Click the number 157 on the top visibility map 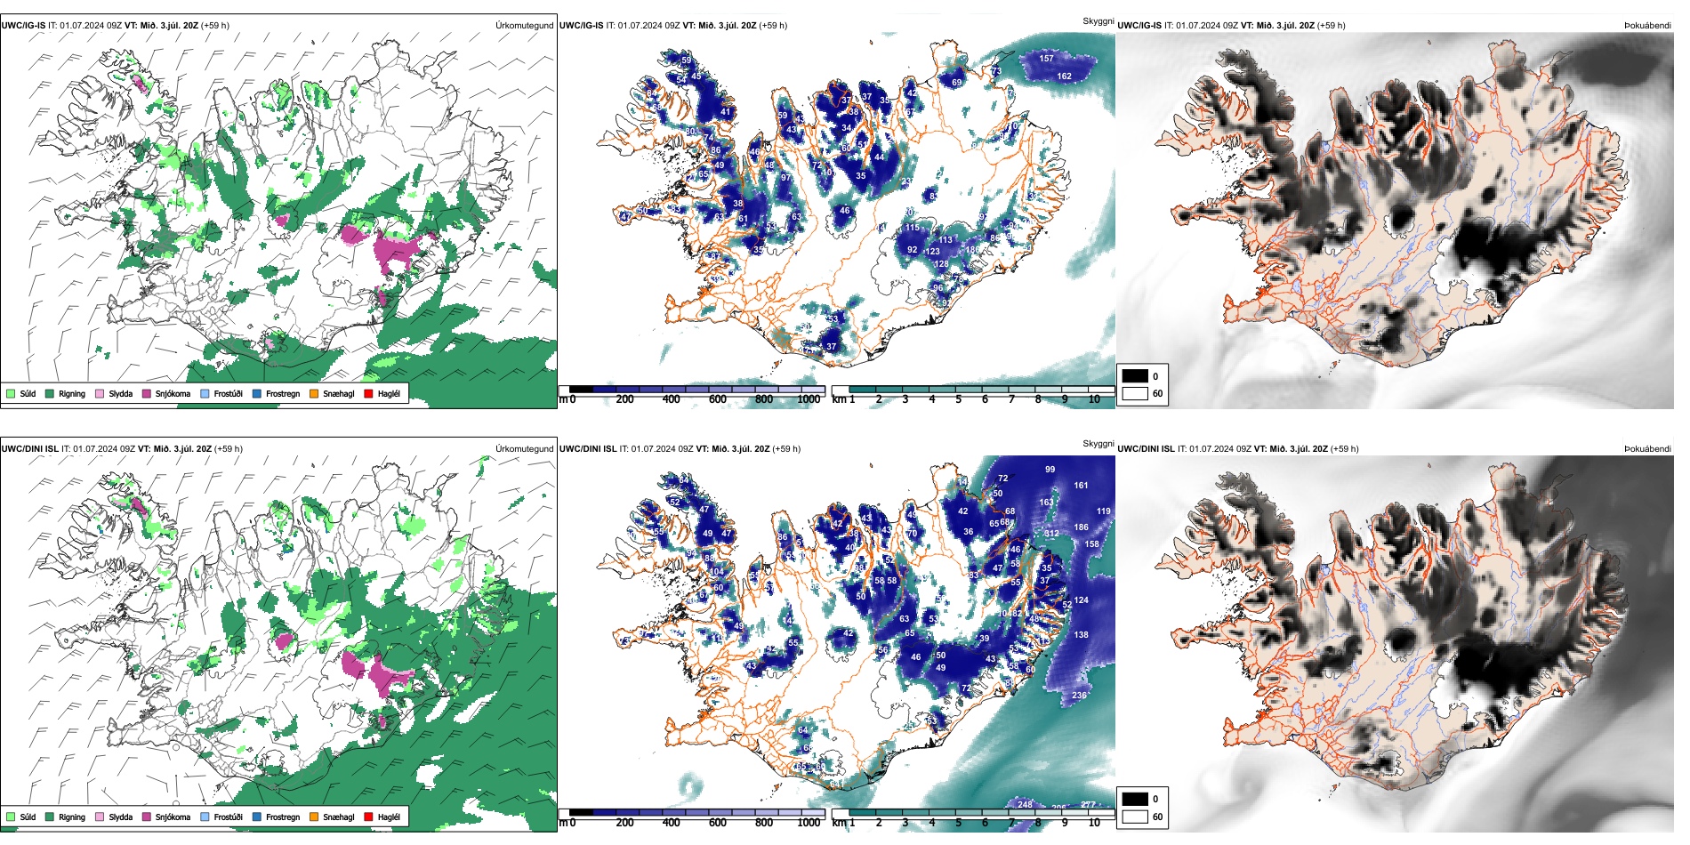click(1046, 59)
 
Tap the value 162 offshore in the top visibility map click(1064, 76)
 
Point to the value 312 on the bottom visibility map click(1052, 534)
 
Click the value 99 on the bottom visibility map click(1050, 470)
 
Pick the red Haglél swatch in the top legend click(368, 393)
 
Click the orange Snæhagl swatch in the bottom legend click(314, 817)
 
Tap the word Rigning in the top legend click(72, 394)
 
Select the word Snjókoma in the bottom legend click(173, 817)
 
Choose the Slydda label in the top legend click(121, 394)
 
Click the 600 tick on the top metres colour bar click(717, 399)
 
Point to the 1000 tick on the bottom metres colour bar click(809, 823)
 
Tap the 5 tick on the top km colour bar click(958, 399)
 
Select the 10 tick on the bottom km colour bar click(1094, 823)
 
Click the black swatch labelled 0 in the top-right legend click(1135, 376)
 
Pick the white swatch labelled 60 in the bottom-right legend click(1135, 817)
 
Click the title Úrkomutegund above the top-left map click(524, 26)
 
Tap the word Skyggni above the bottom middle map click(1098, 444)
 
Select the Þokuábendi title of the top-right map click(1647, 26)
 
